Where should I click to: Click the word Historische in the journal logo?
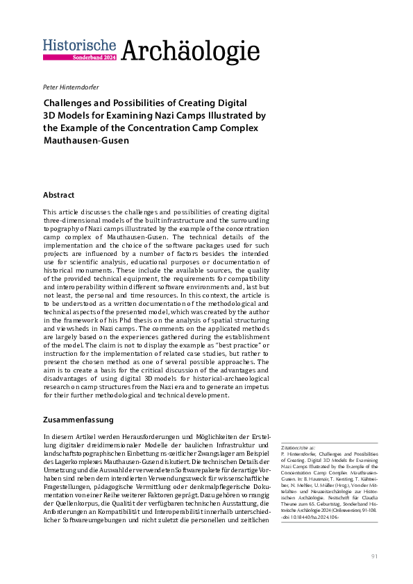pyautogui.click(x=79, y=45)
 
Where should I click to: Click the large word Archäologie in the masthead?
pyautogui.click(x=190, y=51)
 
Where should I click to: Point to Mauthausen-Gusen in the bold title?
pyautogui.click(x=85, y=140)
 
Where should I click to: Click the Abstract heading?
pyautogui.click(x=58, y=195)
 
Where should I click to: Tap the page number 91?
pyautogui.click(x=374, y=557)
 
